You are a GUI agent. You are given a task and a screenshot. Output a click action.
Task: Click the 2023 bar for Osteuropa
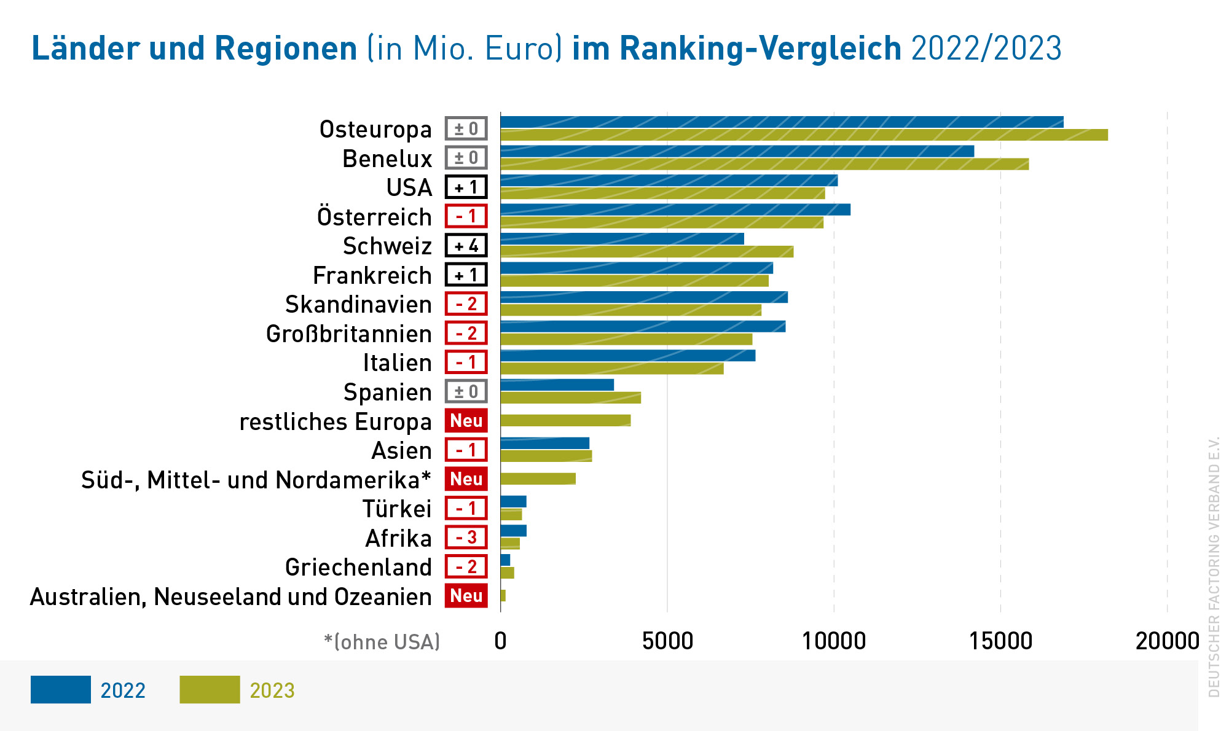(x=804, y=135)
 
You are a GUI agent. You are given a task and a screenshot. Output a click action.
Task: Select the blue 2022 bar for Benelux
(x=737, y=151)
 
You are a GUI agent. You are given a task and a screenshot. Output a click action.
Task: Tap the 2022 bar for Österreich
(x=675, y=210)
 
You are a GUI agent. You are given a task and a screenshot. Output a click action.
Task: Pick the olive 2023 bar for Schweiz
(x=647, y=252)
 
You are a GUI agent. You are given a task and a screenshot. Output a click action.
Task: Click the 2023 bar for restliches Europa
(x=565, y=421)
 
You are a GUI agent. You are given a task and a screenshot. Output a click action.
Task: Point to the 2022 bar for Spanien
(x=557, y=385)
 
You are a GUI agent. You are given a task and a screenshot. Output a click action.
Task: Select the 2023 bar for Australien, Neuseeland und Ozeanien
(x=503, y=596)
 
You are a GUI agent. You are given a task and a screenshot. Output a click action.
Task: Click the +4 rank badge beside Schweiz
(x=466, y=246)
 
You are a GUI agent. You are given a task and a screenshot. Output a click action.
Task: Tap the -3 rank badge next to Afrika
(x=466, y=537)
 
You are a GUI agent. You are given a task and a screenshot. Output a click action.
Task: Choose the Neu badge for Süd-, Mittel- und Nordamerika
(x=466, y=479)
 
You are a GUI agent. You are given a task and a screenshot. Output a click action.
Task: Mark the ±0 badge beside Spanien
(x=466, y=391)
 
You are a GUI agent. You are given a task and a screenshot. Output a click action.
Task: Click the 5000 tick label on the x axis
(x=667, y=641)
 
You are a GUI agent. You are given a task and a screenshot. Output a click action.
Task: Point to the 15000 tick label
(x=1000, y=641)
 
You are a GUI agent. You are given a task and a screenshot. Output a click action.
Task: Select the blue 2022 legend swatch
(x=61, y=690)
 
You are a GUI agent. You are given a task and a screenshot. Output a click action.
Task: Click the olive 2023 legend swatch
(x=210, y=690)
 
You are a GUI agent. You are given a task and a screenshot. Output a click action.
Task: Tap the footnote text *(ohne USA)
(x=382, y=642)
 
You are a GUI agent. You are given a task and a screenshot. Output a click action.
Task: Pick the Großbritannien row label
(x=349, y=334)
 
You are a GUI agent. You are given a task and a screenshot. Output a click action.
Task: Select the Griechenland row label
(x=358, y=568)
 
